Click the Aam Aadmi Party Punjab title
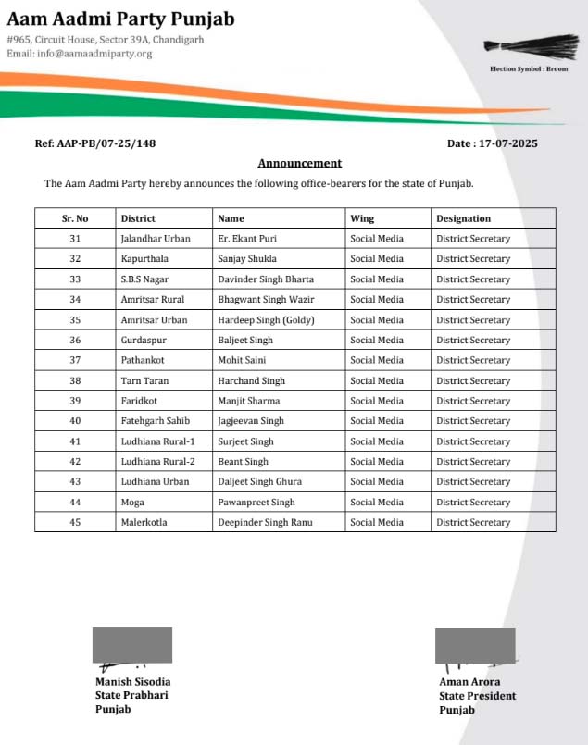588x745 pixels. (x=121, y=19)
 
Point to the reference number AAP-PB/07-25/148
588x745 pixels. (x=95, y=143)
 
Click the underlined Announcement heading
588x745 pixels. (x=299, y=163)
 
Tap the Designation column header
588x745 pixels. (x=464, y=218)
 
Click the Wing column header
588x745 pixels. (x=362, y=218)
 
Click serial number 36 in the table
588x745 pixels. (x=75, y=340)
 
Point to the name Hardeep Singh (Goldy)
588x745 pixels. (x=267, y=320)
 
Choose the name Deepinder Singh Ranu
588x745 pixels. (x=265, y=522)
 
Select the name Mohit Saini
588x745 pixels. (x=243, y=360)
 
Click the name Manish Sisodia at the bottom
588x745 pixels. (x=133, y=682)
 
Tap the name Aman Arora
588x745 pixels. (x=469, y=682)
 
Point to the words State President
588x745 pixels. (x=477, y=696)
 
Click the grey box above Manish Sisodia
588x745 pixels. (x=132, y=645)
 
